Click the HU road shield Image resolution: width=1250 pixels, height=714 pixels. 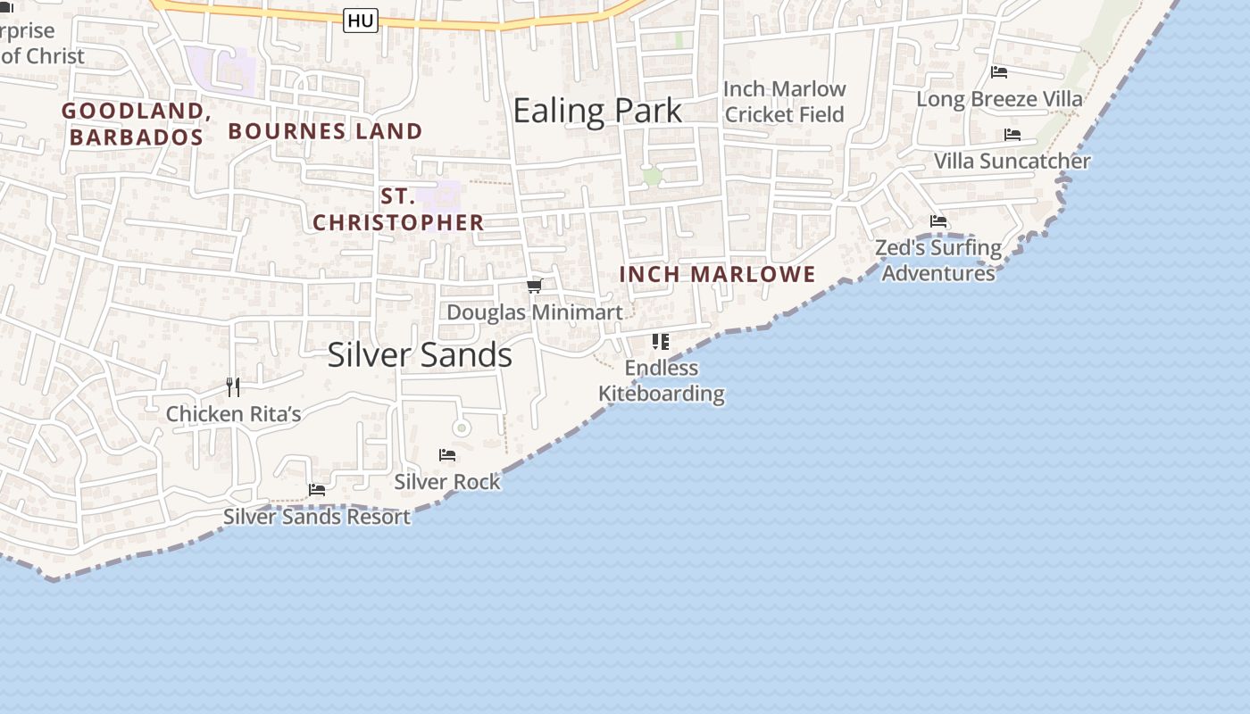(361, 21)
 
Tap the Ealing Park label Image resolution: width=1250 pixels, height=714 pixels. (597, 111)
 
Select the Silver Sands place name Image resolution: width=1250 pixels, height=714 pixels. (420, 354)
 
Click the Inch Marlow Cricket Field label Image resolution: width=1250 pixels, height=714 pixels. (784, 102)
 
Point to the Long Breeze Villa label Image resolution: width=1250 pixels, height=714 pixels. (999, 99)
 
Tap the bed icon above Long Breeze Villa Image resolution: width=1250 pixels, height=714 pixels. (999, 71)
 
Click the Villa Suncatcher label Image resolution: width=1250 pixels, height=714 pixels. (1012, 162)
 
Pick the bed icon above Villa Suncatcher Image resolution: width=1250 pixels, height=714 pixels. (1012, 135)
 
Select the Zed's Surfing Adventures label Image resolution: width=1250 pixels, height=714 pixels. (938, 260)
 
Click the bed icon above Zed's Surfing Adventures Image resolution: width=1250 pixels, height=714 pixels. (937, 221)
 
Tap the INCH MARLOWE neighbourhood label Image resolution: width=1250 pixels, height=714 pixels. (718, 274)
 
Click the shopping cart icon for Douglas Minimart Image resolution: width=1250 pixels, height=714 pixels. (534, 286)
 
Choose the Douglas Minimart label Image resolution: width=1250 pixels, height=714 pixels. (534, 312)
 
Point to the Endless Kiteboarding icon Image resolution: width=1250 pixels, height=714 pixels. (661, 341)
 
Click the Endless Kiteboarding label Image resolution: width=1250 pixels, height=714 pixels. (661, 380)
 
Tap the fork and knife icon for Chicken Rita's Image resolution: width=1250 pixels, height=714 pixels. (233, 386)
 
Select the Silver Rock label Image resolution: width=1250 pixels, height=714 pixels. (447, 482)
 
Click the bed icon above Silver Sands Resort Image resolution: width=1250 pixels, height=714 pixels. (316, 490)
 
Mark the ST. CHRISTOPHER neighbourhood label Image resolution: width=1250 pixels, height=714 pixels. (398, 210)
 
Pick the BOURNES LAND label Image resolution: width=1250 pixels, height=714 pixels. (325, 131)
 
